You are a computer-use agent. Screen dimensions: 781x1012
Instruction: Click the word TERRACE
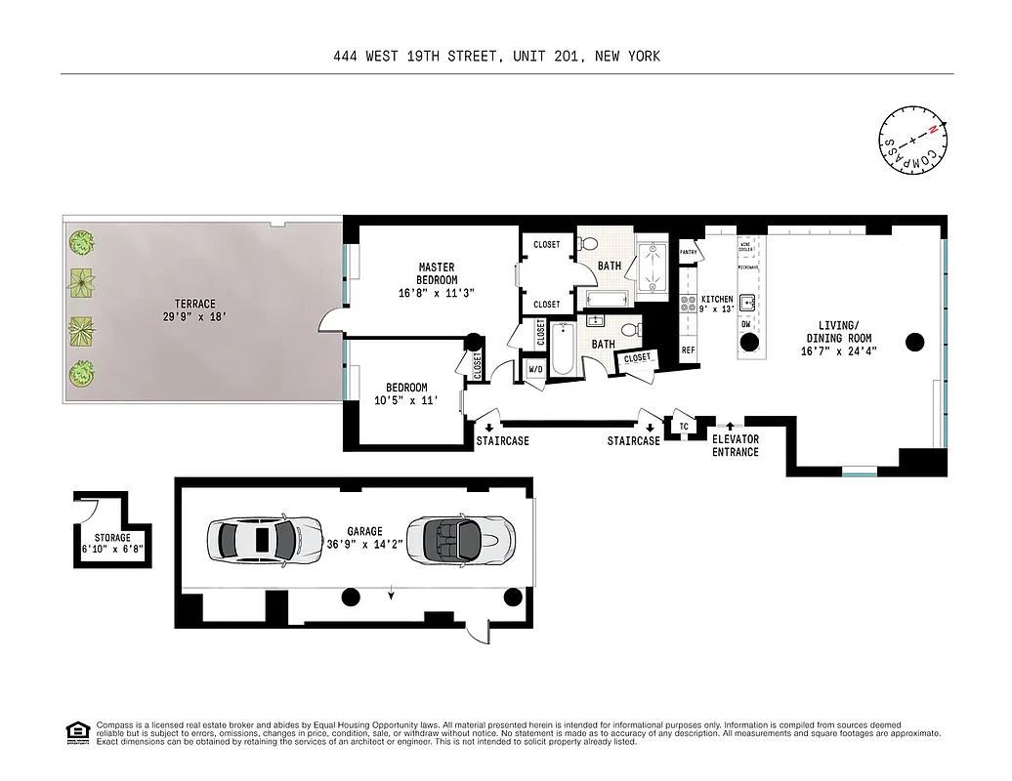(x=190, y=304)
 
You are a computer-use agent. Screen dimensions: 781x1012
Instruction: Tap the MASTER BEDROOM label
(x=437, y=273)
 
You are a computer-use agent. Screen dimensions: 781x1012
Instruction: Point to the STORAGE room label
(x=112, y=538)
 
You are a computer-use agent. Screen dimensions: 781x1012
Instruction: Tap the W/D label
(x=535, y=369)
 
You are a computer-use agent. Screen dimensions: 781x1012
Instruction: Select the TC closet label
(x=684, y=427)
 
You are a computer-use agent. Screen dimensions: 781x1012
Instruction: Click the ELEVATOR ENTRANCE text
(x=735, y=446)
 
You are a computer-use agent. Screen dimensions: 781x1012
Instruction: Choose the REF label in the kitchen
(x=688, y=349)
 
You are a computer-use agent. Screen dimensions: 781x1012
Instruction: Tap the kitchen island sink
(x=747, y=303)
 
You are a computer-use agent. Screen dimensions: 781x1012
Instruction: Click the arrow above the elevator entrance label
(x=729, y=425)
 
